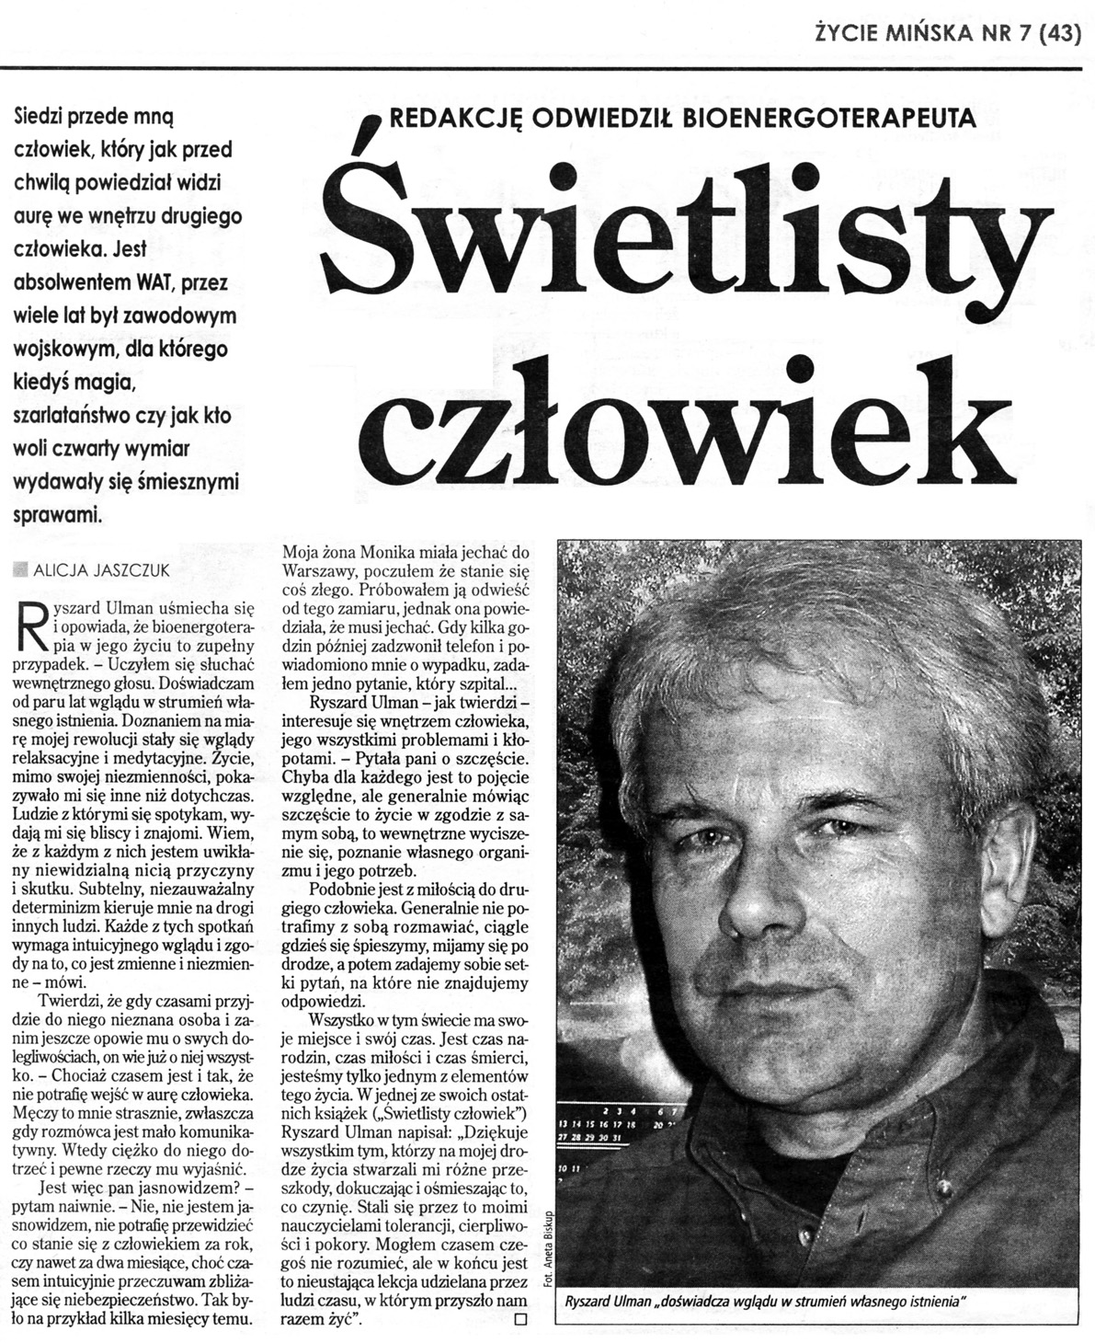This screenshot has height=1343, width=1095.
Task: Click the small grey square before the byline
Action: (23, 570)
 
